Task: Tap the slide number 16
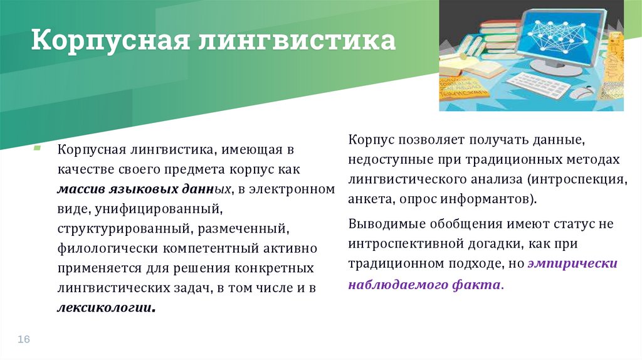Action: tap(24, 339)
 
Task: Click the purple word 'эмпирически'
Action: tap(572, 264)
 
